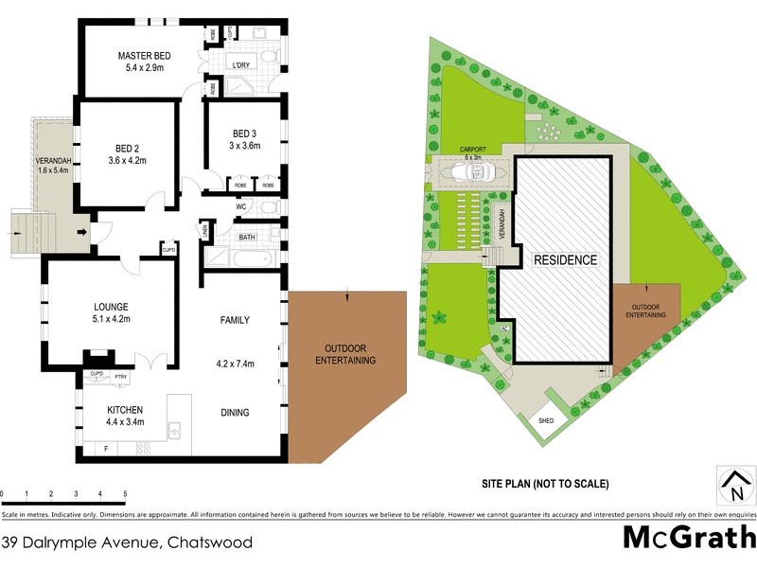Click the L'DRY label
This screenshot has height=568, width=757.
(241, 66)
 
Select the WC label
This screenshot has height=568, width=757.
(241, 205)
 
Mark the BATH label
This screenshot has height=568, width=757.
(248, 238)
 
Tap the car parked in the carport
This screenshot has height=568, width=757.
(470, 172)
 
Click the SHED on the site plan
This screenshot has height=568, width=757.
(546, 419)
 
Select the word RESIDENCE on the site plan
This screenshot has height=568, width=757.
(565, 259)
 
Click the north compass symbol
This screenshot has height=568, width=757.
(733, 487)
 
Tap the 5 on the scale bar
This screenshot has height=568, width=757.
(125, 494)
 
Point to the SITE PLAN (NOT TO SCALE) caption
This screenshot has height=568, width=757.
(544, 484)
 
